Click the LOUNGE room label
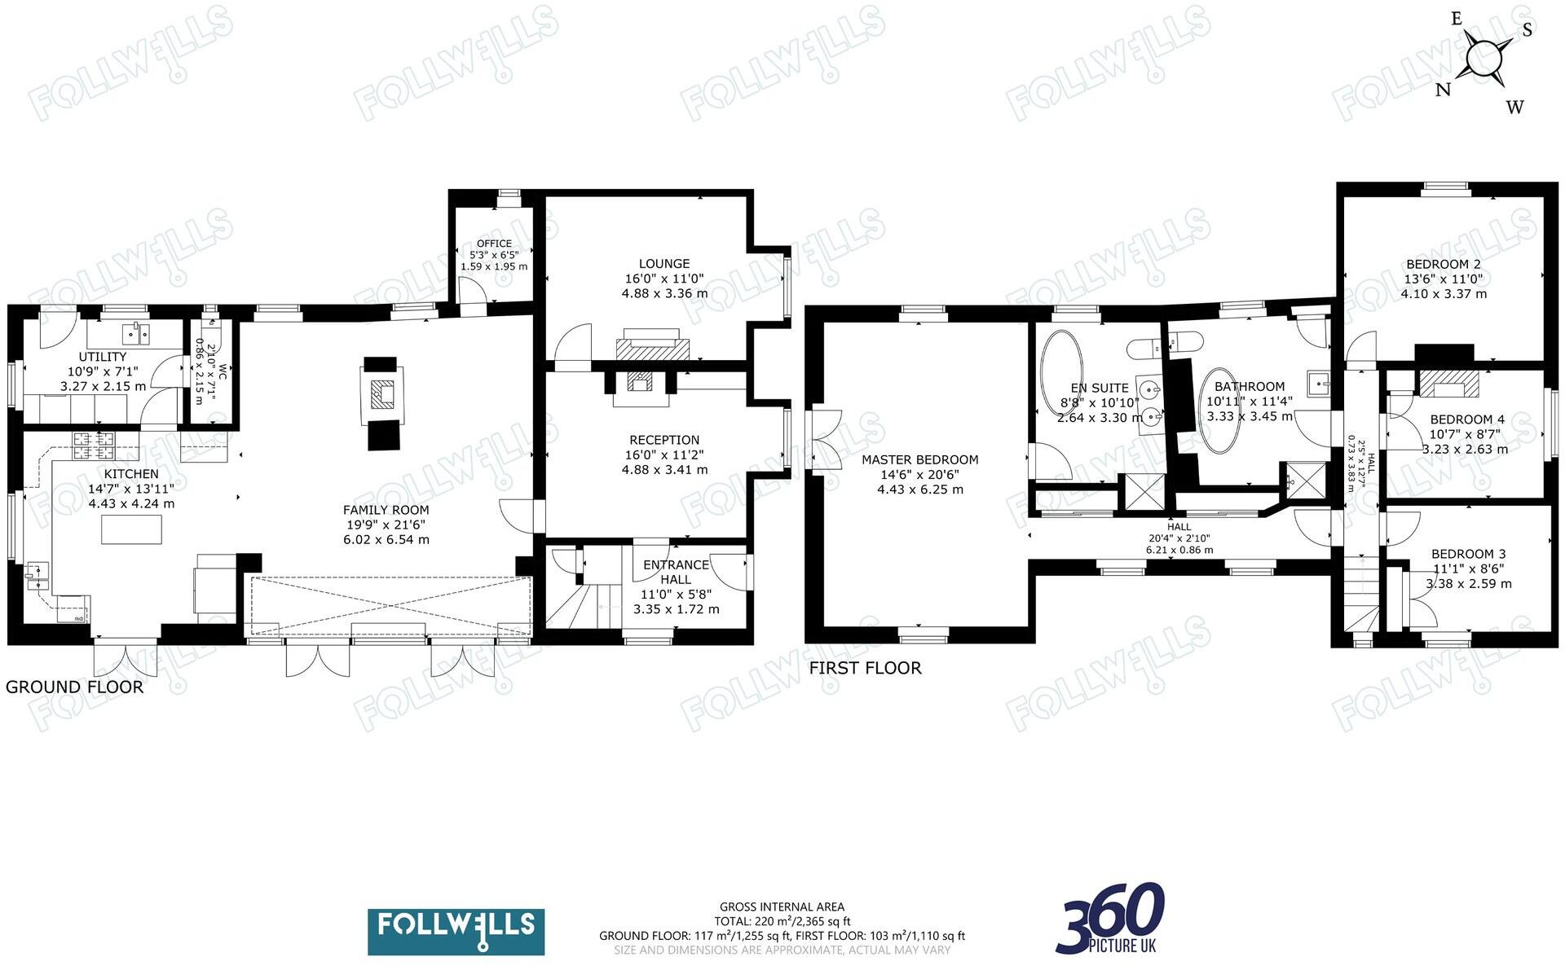(x=664, y=263)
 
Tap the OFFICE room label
(x=494, y=244)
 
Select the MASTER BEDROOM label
(x=920, y=459)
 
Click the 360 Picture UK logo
(x=1110, y=918)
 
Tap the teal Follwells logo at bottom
(x=456, y=932)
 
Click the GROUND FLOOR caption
(x=74, y=687)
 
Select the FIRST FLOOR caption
(x=865, y=668)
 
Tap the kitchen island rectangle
(x=131, y=529)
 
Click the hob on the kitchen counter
(x=95, y=442)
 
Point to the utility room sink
(x=136, y=333)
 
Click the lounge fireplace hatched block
(x=652, y=349)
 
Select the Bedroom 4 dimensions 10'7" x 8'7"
(x=1466, y=434)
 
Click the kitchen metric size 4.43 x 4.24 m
(x=131, y=503)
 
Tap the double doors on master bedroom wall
(x=826, y=440)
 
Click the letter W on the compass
(x=1514, y=107)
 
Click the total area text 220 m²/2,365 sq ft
(x=782, y=921)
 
